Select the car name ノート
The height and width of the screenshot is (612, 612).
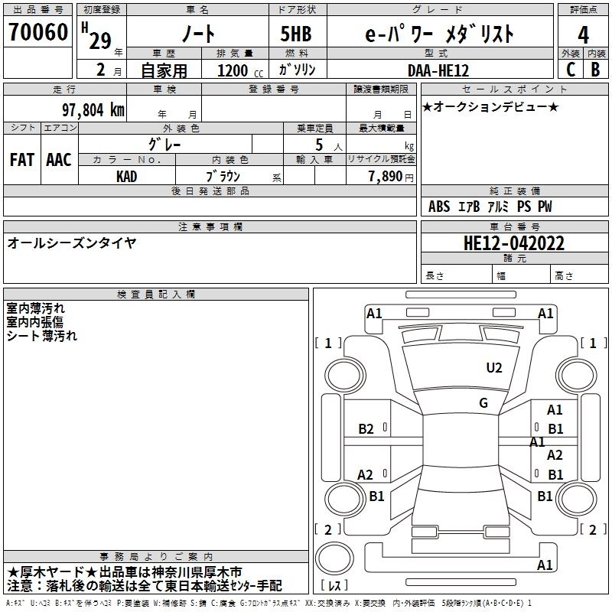coord(197,34)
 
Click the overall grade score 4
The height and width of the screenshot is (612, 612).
coord(583,35)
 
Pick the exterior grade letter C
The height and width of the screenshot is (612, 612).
coord(570,69)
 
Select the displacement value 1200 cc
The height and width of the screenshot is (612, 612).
coord(234,70)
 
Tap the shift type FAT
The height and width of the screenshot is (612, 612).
coord(22,160)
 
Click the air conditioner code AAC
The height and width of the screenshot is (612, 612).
coord(59,160)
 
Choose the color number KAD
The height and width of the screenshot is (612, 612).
coord(126,175)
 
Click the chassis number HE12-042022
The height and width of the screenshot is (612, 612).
coord(514,244)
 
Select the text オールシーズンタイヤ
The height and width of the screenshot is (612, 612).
coord(72,243)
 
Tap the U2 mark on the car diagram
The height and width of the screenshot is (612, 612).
coord(494,368)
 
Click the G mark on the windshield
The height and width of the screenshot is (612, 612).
coord(483,403)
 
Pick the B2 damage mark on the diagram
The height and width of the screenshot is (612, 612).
coord(366,429)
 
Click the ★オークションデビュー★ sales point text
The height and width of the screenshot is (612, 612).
coord(490,106)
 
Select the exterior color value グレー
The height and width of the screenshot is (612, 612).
coord(164,144)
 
